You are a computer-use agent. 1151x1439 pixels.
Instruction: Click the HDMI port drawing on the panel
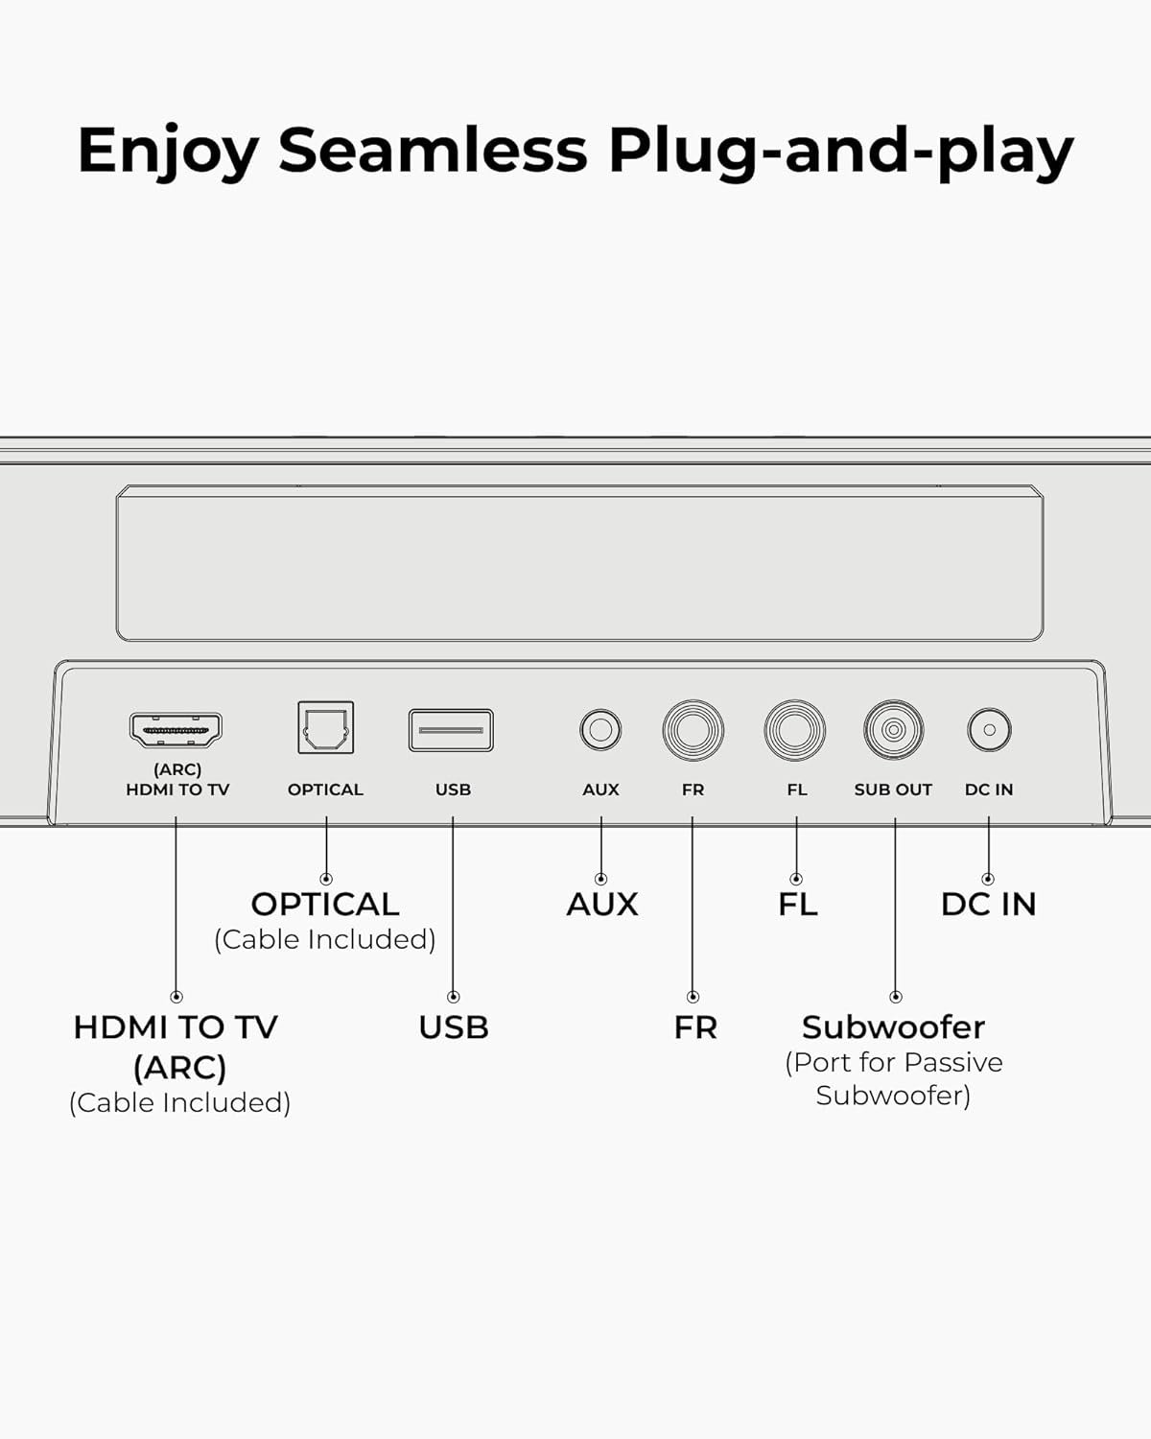(x=176, y=729)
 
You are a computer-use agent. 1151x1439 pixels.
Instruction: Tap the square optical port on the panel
(x=326, y=727)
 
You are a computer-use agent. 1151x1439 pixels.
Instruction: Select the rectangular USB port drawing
(x=452, y=730)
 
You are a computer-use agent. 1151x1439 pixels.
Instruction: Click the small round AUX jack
(x=600, y=729)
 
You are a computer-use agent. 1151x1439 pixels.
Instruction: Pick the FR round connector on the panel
(x=693, y=729)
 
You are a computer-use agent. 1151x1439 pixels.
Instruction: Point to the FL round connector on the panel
(x=794, y=729)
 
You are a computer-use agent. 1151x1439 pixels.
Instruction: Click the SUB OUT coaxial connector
(x=894, y=729)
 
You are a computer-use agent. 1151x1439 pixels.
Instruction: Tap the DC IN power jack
(x=989, y=729)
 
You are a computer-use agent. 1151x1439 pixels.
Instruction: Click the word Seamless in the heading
(x=433, y=150)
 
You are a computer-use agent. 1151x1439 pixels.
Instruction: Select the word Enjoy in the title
(x=168, y=153)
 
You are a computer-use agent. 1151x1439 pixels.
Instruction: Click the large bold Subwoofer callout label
(x=894, y=1027)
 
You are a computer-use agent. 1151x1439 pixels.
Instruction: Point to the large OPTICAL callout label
(x=325, y=905)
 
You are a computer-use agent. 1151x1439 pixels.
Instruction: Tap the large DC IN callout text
(x=989, y=905)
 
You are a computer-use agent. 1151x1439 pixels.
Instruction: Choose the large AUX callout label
(x=602, y=905)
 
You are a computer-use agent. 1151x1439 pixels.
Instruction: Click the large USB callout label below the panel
(x=454, y=1027)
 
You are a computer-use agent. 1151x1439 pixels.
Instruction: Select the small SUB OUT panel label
(x=893, y=790)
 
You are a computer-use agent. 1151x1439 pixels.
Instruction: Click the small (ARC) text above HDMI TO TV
(x=177, y=769)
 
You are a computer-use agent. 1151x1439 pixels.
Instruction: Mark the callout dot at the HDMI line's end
(x=176, y=997)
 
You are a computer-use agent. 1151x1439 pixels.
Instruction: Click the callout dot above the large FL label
(x=796, y=879)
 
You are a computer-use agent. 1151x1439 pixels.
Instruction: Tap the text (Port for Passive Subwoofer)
(x=894, y=1079)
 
